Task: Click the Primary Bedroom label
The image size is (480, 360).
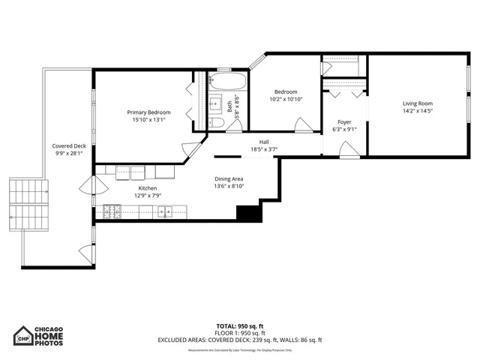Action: [x=148, y=112]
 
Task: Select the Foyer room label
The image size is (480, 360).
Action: [x=344, y=121]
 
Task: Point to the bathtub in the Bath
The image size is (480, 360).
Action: [x=223, y=82]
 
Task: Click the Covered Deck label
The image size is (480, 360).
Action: [x=69, y=146]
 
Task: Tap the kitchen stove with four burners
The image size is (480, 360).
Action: [x=112, y=212]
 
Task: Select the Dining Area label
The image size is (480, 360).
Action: [x=229, y=178]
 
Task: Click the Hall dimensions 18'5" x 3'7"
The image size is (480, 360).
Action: [x=263, y=149]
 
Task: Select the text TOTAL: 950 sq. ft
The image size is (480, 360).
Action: [x=239, y=326]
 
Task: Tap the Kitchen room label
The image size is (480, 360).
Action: [x=148, y=188]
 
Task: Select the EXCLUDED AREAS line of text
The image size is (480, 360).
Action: [x=239, y=340]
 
